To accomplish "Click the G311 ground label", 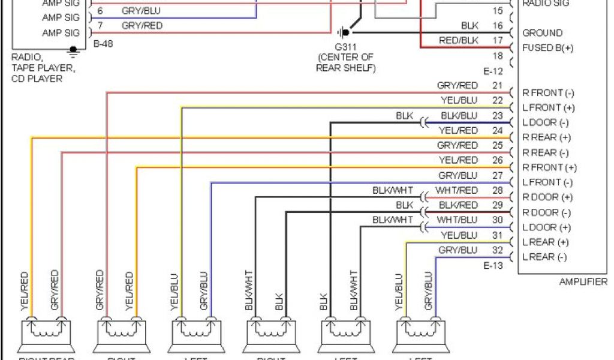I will (345, 46).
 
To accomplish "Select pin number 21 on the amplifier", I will (497, 86).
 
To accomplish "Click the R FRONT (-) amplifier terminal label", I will (548, 93).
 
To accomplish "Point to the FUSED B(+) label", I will (547, 48).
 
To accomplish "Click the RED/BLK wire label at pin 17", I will (459, 40).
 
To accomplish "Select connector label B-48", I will (104, 44).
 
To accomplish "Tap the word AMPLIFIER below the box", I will (582, 282).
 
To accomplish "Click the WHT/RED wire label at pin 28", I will (458, 190).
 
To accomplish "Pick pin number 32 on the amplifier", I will (497, 250).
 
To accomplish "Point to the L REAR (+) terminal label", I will (545, 242).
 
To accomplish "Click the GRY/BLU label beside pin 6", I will (141, 11).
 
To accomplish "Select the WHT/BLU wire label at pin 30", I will (458, 220).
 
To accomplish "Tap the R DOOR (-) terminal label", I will (546, 212).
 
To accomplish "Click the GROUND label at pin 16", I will (542, 33).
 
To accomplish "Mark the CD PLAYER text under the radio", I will (37, 79).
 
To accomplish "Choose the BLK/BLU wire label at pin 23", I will (459, 116).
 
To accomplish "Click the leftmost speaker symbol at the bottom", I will (46, 336).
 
